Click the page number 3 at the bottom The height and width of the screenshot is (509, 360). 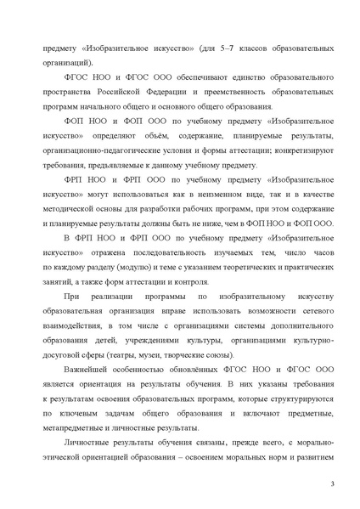334,483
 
